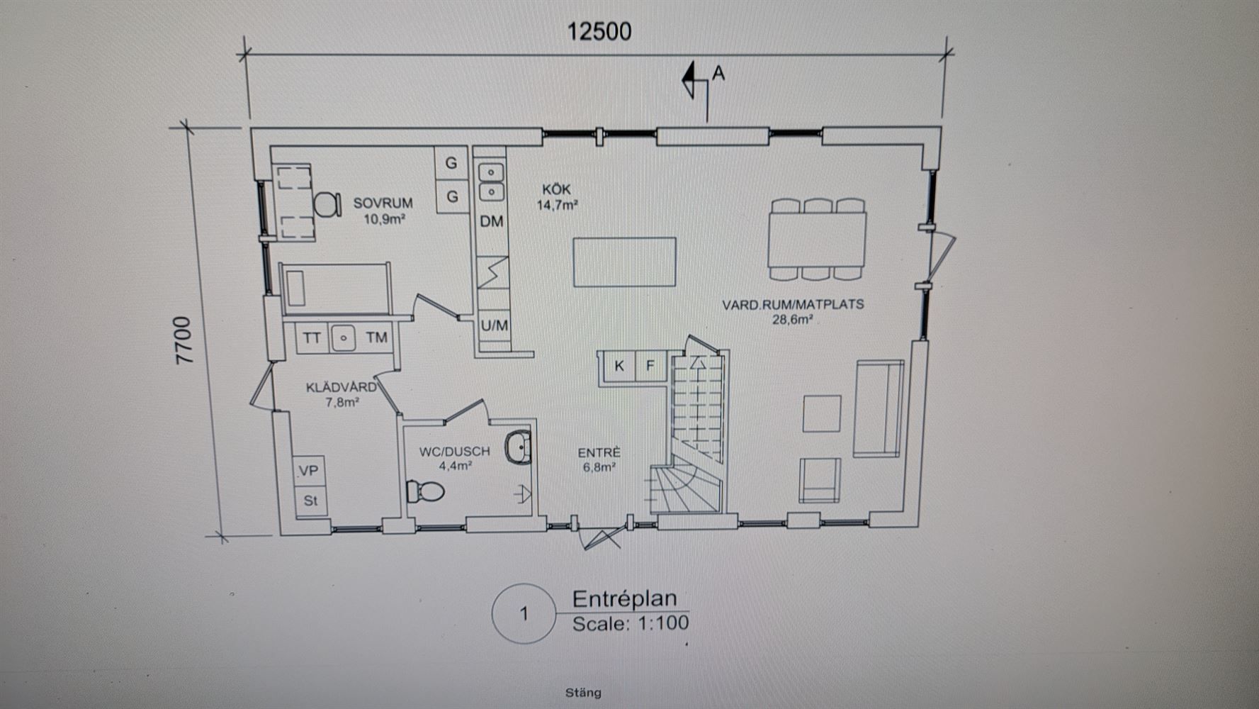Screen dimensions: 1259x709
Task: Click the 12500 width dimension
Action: click(x=599, y=31)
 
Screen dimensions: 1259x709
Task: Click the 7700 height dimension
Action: click(x=184, y=340)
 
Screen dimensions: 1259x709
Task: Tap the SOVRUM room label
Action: click(x=383, y=203)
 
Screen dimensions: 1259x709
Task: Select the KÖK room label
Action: click(x=556, y=189)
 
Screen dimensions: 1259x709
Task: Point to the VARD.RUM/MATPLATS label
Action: click(x=793, y=304)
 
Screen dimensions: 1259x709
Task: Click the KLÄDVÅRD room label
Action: click(x=341, y=387)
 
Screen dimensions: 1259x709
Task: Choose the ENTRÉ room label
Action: click(x=599, y=452)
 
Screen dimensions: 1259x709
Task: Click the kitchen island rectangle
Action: click(x=624, y=262)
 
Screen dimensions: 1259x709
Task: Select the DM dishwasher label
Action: click(x=492, y=221)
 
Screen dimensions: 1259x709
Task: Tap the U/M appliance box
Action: click(x=495, y=325)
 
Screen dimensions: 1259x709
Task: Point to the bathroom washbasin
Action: click(x=518, y=447)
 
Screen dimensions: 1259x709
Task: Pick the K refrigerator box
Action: click(x=619, y=366)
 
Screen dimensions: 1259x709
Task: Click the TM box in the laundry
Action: click(x=377, y=337)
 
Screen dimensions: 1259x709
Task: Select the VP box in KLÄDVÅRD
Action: click(x=309, y=471)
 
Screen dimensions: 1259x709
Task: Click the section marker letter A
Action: click(x=718, y=72)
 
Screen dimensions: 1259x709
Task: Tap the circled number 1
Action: click(x=524, y=613)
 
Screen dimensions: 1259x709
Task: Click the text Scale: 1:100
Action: click(x=631, y=623)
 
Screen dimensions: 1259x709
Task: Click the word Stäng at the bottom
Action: click(x=583, y=693)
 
